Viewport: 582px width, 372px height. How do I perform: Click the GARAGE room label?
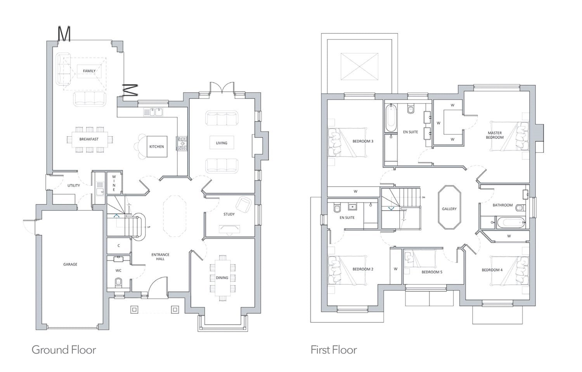[70, 265]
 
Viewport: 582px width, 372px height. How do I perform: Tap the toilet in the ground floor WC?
[118, 282]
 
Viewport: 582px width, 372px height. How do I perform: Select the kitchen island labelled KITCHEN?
[157, 147]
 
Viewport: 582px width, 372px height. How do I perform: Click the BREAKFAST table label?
[89, 139]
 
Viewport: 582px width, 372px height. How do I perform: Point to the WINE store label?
[114, 183]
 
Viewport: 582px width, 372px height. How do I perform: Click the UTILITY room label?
[74, 185]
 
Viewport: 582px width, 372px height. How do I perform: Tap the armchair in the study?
[243, 204]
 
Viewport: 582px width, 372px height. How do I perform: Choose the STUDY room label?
[229, 214]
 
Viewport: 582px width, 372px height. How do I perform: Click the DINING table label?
[222, 278]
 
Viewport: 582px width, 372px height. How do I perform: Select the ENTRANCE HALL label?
[160, 257]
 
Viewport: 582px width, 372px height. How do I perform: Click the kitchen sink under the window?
[153, 112]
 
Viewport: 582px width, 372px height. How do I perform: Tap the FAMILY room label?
[89, 71]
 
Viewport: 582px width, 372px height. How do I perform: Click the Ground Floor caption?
[64, 350]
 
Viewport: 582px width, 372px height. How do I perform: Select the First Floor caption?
[334, 350]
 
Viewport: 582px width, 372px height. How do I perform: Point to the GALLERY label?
[449, 209]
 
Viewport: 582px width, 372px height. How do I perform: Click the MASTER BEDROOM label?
[495, 135]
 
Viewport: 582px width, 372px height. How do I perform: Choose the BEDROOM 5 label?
[432, 272]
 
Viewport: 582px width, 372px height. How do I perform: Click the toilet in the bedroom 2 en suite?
[337, 208]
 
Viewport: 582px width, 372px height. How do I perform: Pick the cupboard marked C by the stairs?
[119, 246]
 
